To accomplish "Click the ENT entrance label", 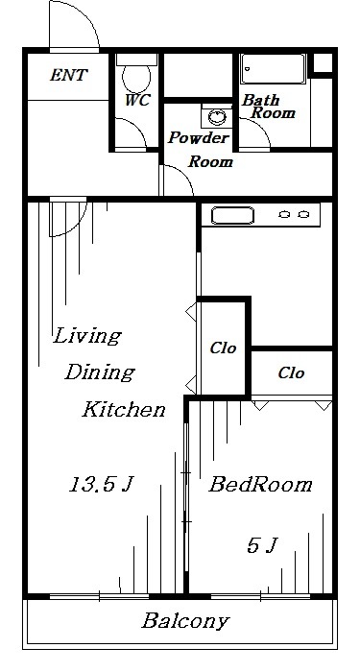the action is pyautogui.click(x=68, y=75).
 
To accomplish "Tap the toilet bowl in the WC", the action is pyautogui.click(x=136, y=77).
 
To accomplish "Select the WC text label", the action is pyautogui.click(x=137, y=100).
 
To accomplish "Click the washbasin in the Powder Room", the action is pyautogui.click(x=217, y=116).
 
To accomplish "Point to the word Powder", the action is pyautogui.click(x=199, y=137).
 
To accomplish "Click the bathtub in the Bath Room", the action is pyautogui.click(x=273, y=68).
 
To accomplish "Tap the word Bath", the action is pyautogui.click(x=260, y=100).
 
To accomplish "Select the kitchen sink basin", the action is pyautogui.click(x=232, y=215).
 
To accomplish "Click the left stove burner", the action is pyautogui.click(x=284, y=214).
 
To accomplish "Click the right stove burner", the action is pyautogui.click(x=303, y=214).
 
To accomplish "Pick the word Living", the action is pyautogui.click(x=87, y=336).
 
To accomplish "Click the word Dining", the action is pyautogui.click(x=100, y=372).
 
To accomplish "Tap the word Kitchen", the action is pyautogui.click(x=124, y=409).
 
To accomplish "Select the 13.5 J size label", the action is pyautogui.click(x=102, y=484).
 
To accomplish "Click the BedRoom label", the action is pyautogui.click(x=260, y=484).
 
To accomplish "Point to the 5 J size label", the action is pyautogui.click(x=262, y=545).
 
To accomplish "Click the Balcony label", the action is pyautogui.click(x=185, y=621).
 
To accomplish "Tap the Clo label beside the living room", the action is pyautogui.click(x=223, y=348).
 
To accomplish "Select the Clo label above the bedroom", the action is pyautogui.click(x=292, y=372).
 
